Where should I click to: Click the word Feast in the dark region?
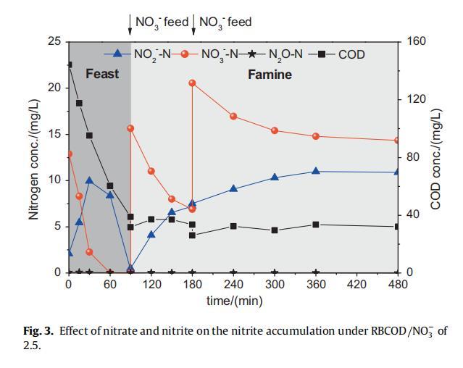[x=102, y=74]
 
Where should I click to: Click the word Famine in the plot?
[x=270, y=75]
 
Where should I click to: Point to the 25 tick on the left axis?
[x=54, y=41]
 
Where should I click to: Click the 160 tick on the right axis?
[x=417, y=41]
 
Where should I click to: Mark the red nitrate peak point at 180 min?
[x=192, y=83]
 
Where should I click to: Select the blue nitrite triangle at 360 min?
[x=315, y=171]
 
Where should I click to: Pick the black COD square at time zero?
[x=69, y=65]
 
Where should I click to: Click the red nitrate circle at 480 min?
[x=398, y=141]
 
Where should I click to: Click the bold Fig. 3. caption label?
[x=38, y=331]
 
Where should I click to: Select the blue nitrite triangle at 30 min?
[x=89, y=180]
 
